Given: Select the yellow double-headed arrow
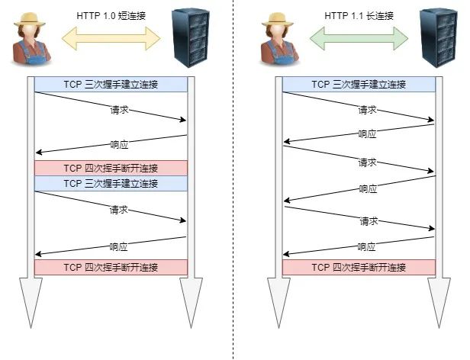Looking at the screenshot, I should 111,36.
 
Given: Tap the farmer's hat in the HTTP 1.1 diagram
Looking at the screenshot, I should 279,18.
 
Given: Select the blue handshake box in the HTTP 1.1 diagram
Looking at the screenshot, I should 359,85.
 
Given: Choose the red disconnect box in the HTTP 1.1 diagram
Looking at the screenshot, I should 359,268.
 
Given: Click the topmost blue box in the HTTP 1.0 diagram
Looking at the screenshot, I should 111,85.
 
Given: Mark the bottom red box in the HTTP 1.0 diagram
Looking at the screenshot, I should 111,268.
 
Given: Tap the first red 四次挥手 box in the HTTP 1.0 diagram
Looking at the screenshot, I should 111,168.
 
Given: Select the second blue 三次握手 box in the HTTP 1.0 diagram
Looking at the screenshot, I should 111,183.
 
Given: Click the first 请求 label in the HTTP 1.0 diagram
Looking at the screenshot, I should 119,110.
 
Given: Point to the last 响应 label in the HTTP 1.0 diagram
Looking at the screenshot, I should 118,246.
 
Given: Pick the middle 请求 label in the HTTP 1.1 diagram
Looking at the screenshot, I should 367,162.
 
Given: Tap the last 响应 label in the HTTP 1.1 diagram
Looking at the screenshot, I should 367,246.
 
